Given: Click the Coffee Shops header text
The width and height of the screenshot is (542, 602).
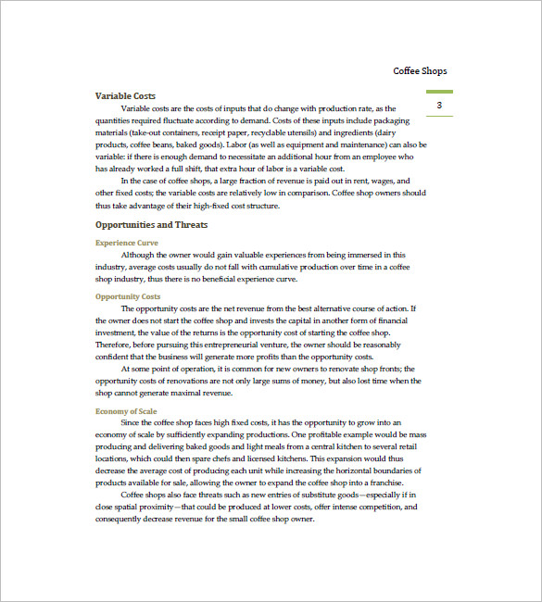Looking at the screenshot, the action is point(420,71).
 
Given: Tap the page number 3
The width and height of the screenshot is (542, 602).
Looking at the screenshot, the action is point(439,106).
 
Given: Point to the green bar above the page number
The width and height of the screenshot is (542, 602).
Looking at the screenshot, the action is point(439,92).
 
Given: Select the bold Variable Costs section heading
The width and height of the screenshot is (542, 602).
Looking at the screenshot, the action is point(125,95).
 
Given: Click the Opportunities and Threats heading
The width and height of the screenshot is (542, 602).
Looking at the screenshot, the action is point(151,224).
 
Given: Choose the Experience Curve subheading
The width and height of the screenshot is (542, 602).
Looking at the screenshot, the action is point(127,243).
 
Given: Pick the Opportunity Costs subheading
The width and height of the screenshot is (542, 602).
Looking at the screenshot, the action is point(128,296).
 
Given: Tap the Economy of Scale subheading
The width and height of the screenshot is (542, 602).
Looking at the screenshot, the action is point(126,410).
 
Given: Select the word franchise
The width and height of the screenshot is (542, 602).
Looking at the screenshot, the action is point(382,482).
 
